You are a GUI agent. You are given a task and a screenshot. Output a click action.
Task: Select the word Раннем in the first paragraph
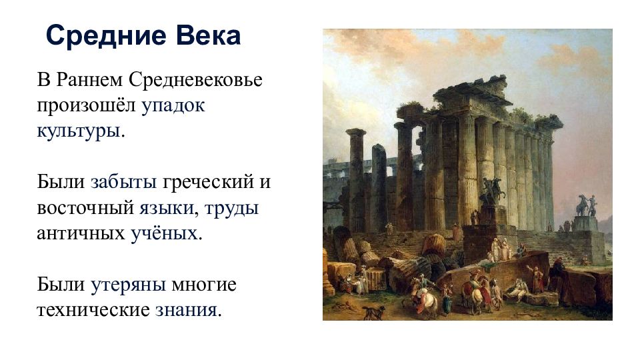(x=89, y=79)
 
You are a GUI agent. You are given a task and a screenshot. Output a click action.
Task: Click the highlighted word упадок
(x=173, y=106)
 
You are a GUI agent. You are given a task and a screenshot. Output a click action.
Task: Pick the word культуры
(x=79, y=131)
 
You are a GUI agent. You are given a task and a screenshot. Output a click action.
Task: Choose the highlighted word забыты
(x=124, y=181)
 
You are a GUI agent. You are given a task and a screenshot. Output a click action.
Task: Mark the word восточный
(x=85, y=208)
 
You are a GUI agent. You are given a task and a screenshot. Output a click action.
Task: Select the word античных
(x=81, y=234)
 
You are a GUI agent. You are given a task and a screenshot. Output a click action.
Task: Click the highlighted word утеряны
(x=128, y=285)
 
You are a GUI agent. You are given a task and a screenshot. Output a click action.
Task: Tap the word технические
(x=93, y=310)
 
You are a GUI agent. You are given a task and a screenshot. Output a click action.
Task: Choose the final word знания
(x=186, y=310)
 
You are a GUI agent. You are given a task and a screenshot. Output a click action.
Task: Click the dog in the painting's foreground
(x=373, y=312)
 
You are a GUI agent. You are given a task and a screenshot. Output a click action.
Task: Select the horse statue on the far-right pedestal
(x=587, y=205)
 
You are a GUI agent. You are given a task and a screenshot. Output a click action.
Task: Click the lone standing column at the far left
(x=356, y=179)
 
